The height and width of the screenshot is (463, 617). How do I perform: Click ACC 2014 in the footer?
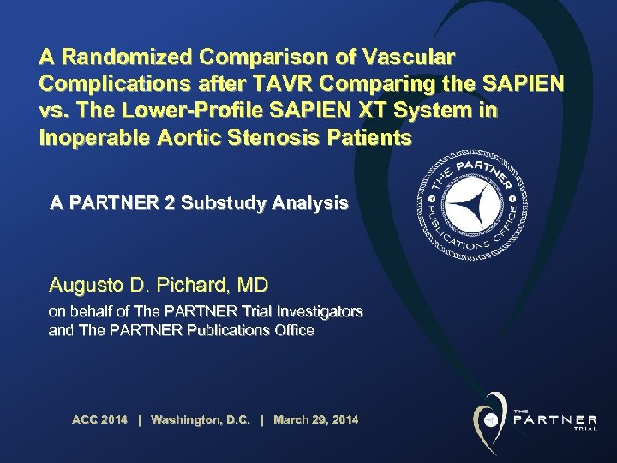coord(99,419)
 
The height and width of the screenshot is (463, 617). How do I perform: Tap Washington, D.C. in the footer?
coord(200,419)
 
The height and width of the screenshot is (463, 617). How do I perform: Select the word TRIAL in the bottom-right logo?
coord(585,429)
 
